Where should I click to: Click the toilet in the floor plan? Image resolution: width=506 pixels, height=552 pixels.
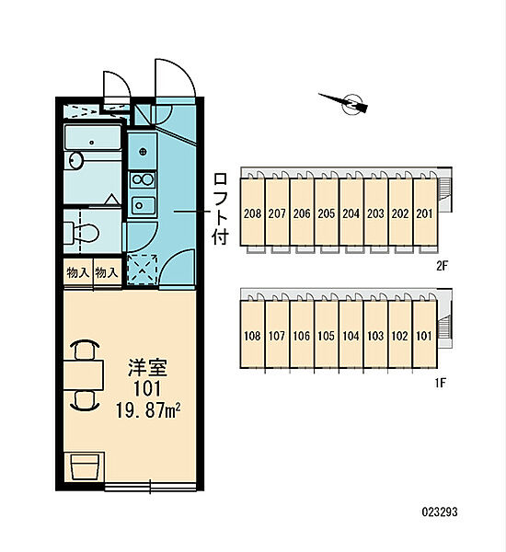coord(82,233)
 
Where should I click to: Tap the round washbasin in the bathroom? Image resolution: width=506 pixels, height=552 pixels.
coord(75,160)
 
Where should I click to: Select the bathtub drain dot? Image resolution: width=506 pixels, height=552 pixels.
coord(92,143)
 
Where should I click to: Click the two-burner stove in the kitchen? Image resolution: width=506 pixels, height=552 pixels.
coord(143,179)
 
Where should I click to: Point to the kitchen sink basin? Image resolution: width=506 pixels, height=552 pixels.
coord(143,205)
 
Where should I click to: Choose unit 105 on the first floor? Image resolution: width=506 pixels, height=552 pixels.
coord(327,335)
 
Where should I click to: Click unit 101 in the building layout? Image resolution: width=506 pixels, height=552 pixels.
coord(425,335)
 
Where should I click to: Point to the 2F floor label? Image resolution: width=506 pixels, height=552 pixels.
coord(442,266)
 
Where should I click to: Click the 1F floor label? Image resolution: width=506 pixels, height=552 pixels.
coord(441,383)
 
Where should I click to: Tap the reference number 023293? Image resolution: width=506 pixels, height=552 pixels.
coord(440,512)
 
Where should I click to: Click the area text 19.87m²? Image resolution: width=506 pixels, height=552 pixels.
coord(148,410)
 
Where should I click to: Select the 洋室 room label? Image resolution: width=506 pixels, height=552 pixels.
coord(147,367)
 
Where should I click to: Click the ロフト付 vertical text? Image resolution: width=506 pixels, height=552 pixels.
coord(221,209)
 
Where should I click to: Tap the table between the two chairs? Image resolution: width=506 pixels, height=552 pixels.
coord(84,375)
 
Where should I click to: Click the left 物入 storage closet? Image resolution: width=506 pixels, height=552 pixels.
coord(78,272)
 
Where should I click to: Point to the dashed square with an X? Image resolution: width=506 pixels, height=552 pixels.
coord(142,270)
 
